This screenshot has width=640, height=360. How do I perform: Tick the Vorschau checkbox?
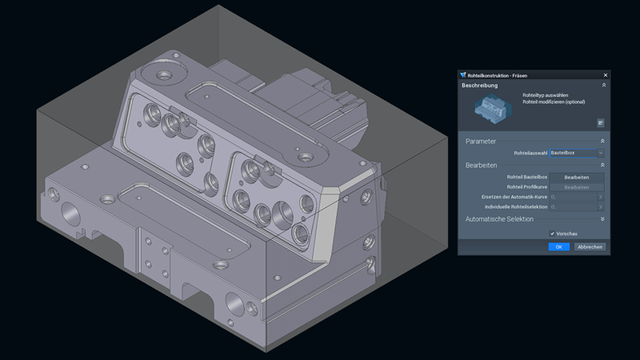click(552, 233)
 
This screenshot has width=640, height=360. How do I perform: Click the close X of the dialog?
click(604, 75)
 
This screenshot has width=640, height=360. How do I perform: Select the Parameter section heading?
click(482, 141)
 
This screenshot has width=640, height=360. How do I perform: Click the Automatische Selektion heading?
click(499, 218)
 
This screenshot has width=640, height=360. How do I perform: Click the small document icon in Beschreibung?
click(600, 123)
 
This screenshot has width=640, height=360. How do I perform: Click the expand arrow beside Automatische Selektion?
click(602, 218)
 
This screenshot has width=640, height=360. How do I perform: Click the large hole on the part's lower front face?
click(233, 300)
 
